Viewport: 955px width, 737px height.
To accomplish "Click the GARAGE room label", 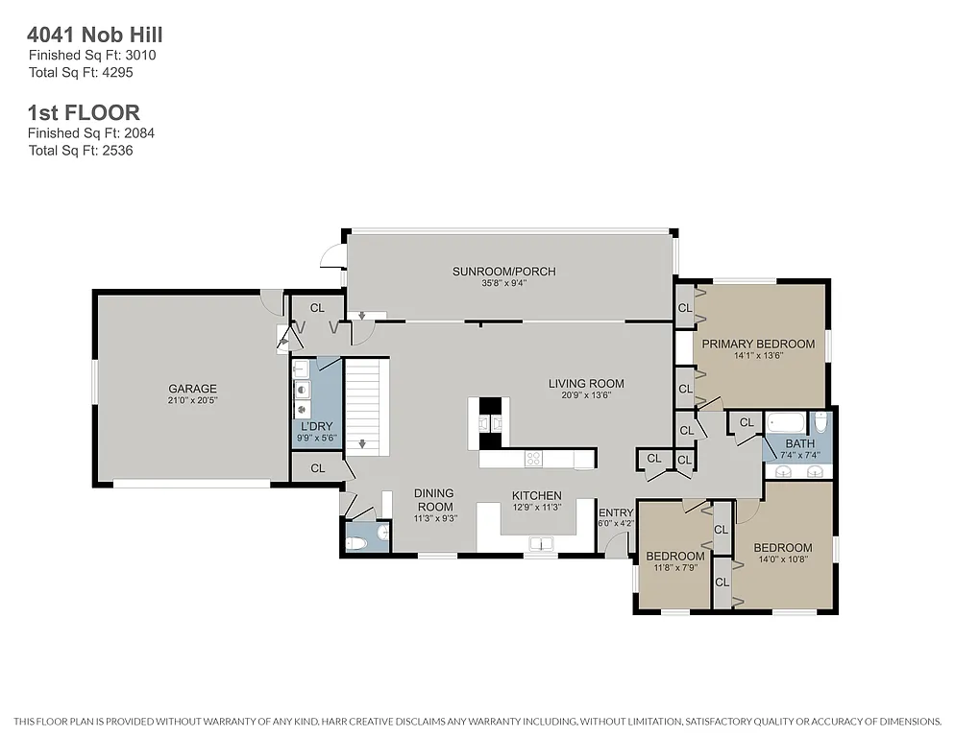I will pyautogui.click(x=192, y=389).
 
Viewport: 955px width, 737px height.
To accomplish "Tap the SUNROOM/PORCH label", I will pyautogui.click(x=503, y=272).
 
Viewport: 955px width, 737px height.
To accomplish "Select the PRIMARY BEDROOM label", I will pyautogui.click(x=757, y=344).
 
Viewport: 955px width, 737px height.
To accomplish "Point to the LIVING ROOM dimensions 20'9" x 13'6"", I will pyautogui.click(x=579, y=395).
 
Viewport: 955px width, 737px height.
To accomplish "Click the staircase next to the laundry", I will pyautogui.click(x=366, y=403).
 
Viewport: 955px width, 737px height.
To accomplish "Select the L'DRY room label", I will pyautogui.click(x=316, y=425).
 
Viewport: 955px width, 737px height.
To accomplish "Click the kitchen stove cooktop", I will pyautogui.click(x=532, y=459).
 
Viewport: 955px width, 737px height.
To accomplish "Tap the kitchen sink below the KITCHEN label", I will pyautogui.click(x=541, y=544).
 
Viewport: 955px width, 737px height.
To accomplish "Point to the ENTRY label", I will pyautogui.click(x=616, y=512).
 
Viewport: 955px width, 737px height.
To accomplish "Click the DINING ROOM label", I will pyautogui.click(x=433, y=500).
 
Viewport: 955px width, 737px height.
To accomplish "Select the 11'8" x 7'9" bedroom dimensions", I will pyautogui.click(x=674, y=568).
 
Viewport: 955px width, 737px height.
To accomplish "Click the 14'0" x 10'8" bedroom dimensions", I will pyautogui.click(x=782, y=559).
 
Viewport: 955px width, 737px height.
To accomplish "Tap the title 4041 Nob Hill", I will pyautogui.click(x=95, y=36).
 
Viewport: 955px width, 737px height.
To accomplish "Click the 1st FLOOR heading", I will pyautogui.click(x=84, y=113).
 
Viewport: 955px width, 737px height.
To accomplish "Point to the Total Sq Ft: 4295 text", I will pyautogui.click(x=91, y=72).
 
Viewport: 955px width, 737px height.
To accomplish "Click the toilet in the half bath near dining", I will pyautogui.click(x=356, y=543).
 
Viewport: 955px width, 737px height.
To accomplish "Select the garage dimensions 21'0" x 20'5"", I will pyautogui.click(x=192, y=400).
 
